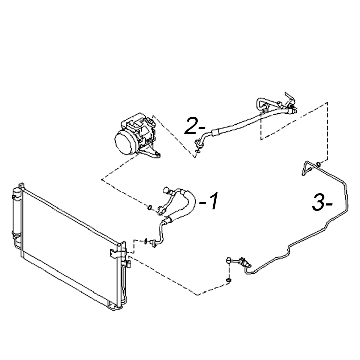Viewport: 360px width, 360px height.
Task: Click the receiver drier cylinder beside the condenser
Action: point(17,213)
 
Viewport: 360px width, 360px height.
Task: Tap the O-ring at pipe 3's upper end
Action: point(319,164)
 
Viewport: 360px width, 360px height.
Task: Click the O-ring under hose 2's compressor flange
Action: point(197,151)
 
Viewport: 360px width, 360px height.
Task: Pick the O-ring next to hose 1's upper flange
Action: point(150,207)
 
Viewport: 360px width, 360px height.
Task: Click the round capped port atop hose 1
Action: point(166,190)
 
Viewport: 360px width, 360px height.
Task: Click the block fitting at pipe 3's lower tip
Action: point(229,260)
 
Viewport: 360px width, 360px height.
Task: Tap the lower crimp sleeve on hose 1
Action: point(168,220)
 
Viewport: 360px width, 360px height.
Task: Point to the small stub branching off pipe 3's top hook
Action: point(309,169)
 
